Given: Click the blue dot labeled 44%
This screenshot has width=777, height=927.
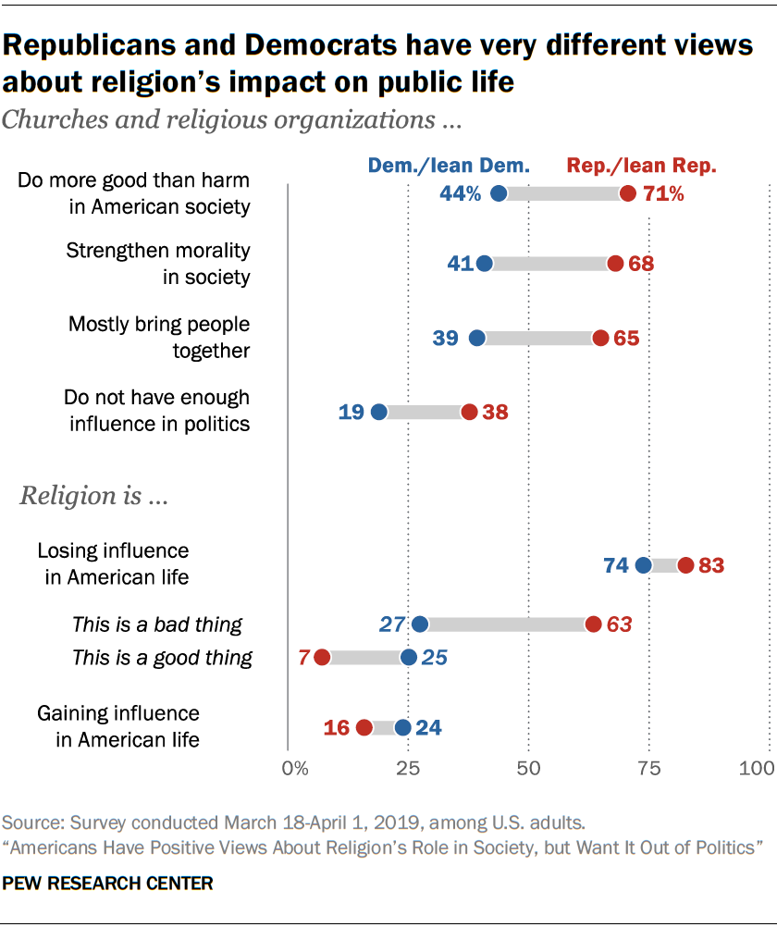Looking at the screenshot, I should (499, 193).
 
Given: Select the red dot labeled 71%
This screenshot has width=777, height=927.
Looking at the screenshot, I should (628, 193).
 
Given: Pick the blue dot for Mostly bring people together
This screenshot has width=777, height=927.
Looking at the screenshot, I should (477, 338).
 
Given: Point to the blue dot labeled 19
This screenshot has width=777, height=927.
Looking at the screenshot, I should (378, 412).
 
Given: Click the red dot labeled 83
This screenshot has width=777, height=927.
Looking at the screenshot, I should (685, 565).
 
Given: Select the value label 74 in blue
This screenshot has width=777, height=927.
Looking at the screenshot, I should (616, 565).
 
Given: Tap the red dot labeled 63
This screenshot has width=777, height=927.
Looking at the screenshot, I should (593, 624).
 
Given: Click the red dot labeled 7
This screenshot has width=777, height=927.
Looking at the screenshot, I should (322, 657).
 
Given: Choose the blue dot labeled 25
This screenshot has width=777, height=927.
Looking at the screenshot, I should (408, 657).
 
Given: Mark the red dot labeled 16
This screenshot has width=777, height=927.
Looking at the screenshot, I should (364, 728).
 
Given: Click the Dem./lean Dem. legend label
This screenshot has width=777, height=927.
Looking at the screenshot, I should (449, 167).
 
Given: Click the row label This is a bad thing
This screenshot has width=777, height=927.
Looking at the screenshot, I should (157, 624).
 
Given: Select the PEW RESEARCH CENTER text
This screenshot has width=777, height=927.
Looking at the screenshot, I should (108, 884).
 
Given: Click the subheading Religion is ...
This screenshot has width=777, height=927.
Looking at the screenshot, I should (92, 496).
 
